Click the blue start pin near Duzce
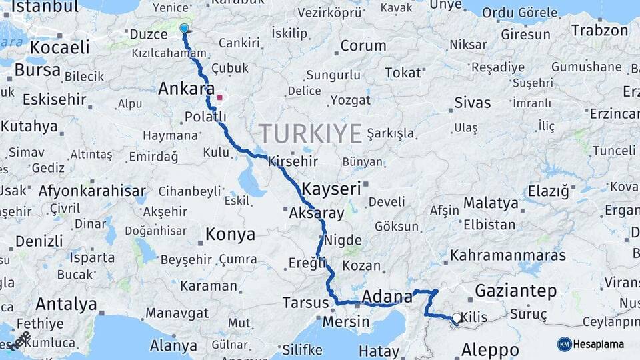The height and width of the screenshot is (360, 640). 184,29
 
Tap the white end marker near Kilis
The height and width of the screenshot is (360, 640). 456,318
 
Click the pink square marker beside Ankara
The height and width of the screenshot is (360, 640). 220,97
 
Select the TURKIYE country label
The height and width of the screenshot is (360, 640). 311,133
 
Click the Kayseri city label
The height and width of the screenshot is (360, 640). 331,189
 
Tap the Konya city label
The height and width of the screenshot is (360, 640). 230,235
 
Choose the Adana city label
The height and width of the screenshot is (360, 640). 387,297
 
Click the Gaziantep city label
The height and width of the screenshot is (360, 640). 515,291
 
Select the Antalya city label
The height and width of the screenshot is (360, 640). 66,305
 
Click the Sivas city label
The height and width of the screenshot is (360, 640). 472,103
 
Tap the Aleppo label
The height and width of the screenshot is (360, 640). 490,350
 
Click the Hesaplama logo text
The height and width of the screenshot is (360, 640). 599,345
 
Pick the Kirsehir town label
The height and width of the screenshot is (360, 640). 293,162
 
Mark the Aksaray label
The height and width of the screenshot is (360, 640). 317,214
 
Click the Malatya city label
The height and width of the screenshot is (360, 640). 491,203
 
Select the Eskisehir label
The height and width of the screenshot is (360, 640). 55,100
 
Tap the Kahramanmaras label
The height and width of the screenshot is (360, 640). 508,255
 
